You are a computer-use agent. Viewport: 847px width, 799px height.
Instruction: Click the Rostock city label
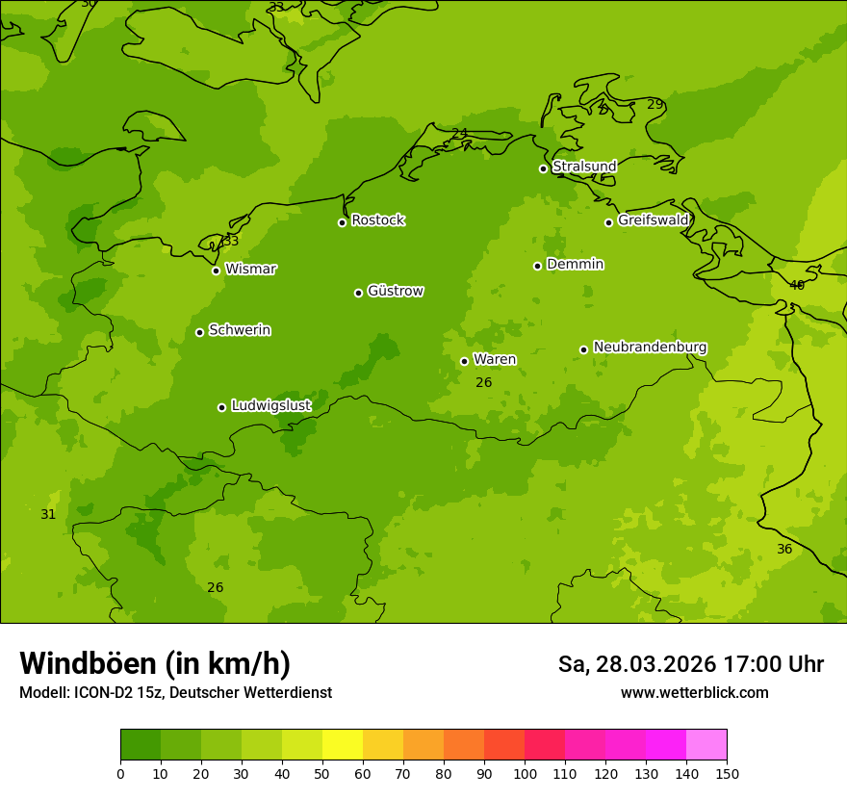click(377, 220)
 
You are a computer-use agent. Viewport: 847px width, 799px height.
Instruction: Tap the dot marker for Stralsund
click(543, 168)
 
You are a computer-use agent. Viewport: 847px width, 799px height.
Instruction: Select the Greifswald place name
click(654, 220)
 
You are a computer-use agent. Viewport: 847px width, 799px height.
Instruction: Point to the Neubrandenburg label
click(650, 348)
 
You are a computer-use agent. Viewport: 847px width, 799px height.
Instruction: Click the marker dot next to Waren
click(464, 361)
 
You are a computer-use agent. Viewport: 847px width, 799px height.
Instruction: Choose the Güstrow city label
click(396, 291)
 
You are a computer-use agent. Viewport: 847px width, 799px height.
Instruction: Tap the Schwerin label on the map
click(240, 330)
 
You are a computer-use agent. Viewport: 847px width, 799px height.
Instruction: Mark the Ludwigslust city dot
click(221, 407)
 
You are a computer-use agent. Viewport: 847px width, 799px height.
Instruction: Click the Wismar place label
click(250, 269)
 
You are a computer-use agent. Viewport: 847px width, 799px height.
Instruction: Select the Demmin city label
click(575, 264)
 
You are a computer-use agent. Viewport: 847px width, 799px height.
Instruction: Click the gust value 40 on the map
click(797, 285)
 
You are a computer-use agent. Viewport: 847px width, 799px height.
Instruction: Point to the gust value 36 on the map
click(784, 549)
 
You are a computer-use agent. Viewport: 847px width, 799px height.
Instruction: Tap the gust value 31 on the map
click(48, 515)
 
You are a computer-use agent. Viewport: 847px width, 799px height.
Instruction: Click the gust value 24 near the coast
click(459, 133)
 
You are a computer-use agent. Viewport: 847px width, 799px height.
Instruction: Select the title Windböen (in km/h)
click(154, 663)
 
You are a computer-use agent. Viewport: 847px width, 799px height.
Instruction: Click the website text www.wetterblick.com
click(694, 692)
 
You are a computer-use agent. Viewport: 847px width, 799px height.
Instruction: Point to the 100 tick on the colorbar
click(525, 773)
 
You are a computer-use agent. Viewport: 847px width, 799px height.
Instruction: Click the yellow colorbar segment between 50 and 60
click(343, 745)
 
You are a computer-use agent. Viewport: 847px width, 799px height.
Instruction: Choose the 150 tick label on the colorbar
click(727, 773)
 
